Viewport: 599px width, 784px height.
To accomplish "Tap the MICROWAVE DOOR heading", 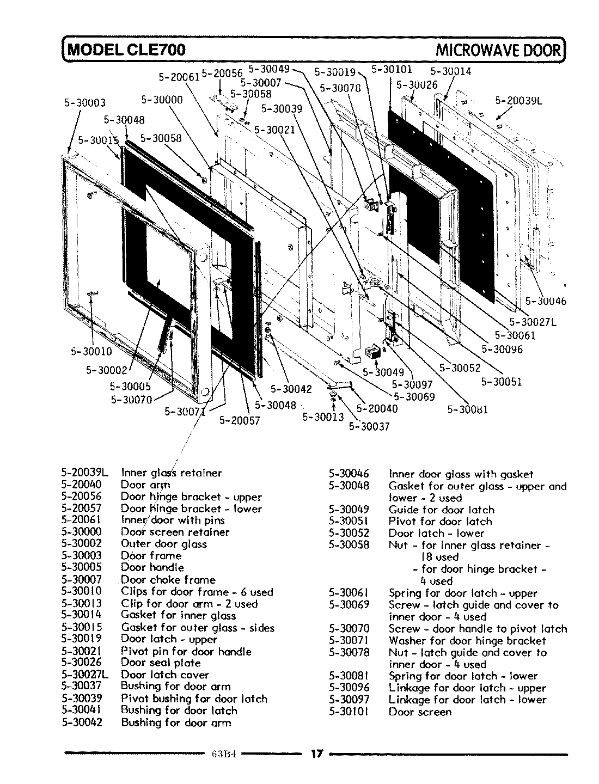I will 498,50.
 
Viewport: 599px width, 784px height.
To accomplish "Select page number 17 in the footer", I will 317,754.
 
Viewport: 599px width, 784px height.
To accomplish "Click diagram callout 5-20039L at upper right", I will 519,100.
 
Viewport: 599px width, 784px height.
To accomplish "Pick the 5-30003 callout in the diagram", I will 84,103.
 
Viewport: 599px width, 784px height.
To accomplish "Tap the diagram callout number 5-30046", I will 546,301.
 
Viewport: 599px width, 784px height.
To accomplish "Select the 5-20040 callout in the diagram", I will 377,408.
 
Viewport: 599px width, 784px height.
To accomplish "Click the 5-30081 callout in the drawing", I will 467,409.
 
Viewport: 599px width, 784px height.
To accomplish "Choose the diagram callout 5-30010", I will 91,351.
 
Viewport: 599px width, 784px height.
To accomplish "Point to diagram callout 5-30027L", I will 533,322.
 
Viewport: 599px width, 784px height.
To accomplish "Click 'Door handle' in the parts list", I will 152,567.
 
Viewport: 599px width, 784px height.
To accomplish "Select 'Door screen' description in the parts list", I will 420,712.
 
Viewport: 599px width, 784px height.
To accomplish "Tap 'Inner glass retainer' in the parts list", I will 172,473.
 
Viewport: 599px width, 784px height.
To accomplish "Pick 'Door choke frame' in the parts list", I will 168,580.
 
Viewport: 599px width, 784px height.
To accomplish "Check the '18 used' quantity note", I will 439,557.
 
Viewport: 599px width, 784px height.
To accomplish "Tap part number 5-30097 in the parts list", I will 349,700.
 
